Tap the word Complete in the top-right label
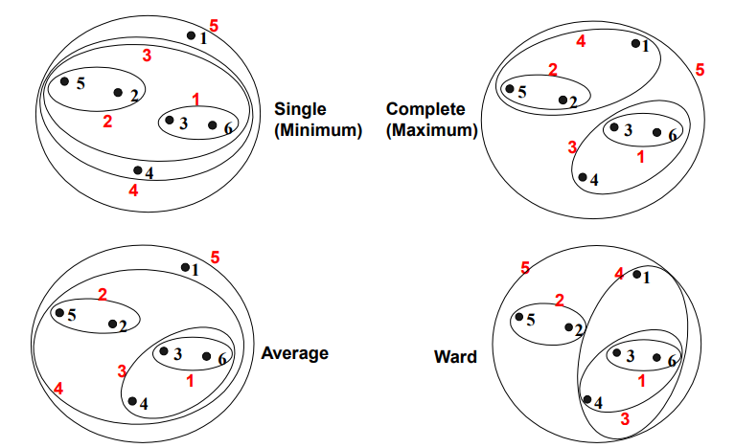point(425,109)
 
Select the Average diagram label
point(294,353)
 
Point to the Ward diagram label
point(455,359)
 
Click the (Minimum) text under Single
point(317,131)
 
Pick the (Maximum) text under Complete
point(431,131)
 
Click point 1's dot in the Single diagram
point(192,36)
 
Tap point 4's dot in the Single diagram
point(137,170)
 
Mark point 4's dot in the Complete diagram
point(583,177)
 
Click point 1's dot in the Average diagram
point(185,268)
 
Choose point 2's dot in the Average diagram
point(112,325)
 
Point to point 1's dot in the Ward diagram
point(637,275)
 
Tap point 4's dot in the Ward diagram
point(586,399)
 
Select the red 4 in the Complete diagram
point(581,41)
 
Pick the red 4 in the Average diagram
point(58,389)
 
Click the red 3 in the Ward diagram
point(624,418)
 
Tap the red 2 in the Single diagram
point(107,122)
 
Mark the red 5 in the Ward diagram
point(524,268)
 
